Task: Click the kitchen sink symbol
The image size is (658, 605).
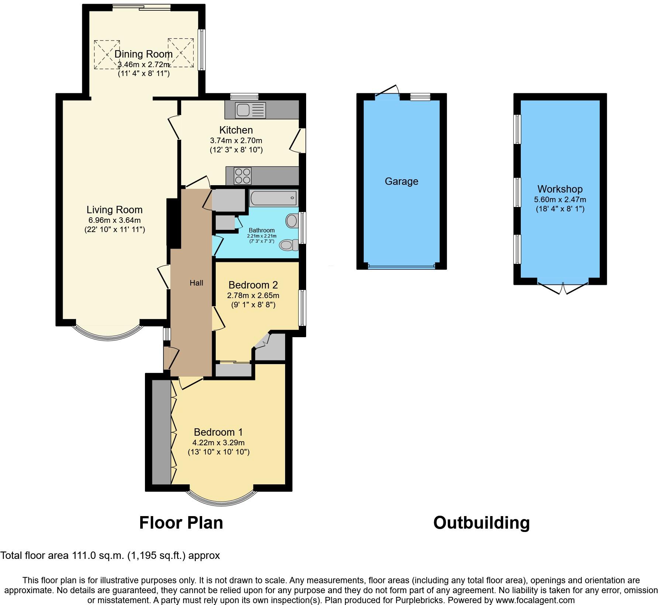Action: [x=250, y=110]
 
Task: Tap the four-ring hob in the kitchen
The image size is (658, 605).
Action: [x=243, y=176]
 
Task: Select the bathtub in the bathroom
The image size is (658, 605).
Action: [x=273, y=198]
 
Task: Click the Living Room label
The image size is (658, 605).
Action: [x=114, y=210]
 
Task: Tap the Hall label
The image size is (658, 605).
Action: [x=196, y=283]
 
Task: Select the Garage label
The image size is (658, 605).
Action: [x=401, y=181]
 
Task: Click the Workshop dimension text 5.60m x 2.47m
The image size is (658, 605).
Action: [x=560, y=200]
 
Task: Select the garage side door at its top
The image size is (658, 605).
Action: [x=388, y=91]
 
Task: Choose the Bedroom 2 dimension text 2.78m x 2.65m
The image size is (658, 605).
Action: [x=253, y=295]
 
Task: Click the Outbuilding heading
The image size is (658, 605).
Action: [x=481, y=523]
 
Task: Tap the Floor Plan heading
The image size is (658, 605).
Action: [x=181, y=523]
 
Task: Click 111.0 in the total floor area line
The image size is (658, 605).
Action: [x=87, y=555]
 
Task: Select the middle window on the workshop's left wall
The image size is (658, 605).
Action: [x=518, y=192]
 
